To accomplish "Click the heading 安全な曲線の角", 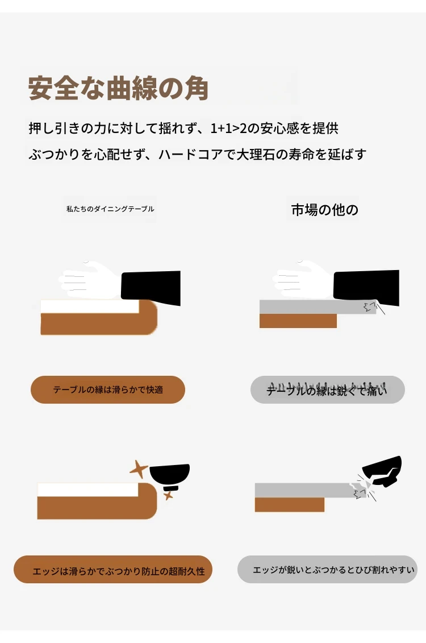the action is point(118,88).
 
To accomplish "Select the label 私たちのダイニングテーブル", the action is point(110,209).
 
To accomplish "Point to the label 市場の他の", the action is point(324,210).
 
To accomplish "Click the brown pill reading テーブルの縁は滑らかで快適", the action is point(108,389).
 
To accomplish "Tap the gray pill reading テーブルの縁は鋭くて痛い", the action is point(327,389).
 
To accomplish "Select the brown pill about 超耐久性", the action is point(113,570).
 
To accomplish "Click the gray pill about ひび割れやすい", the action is point(327,570).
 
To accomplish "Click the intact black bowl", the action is point(170,476).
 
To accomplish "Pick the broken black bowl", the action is point(382,471).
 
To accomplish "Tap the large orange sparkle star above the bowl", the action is point(139,469).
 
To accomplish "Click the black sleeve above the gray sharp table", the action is point(366,287).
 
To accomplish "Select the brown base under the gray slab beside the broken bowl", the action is point(290,504).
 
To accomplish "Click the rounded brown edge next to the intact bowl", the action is point(148,501).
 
